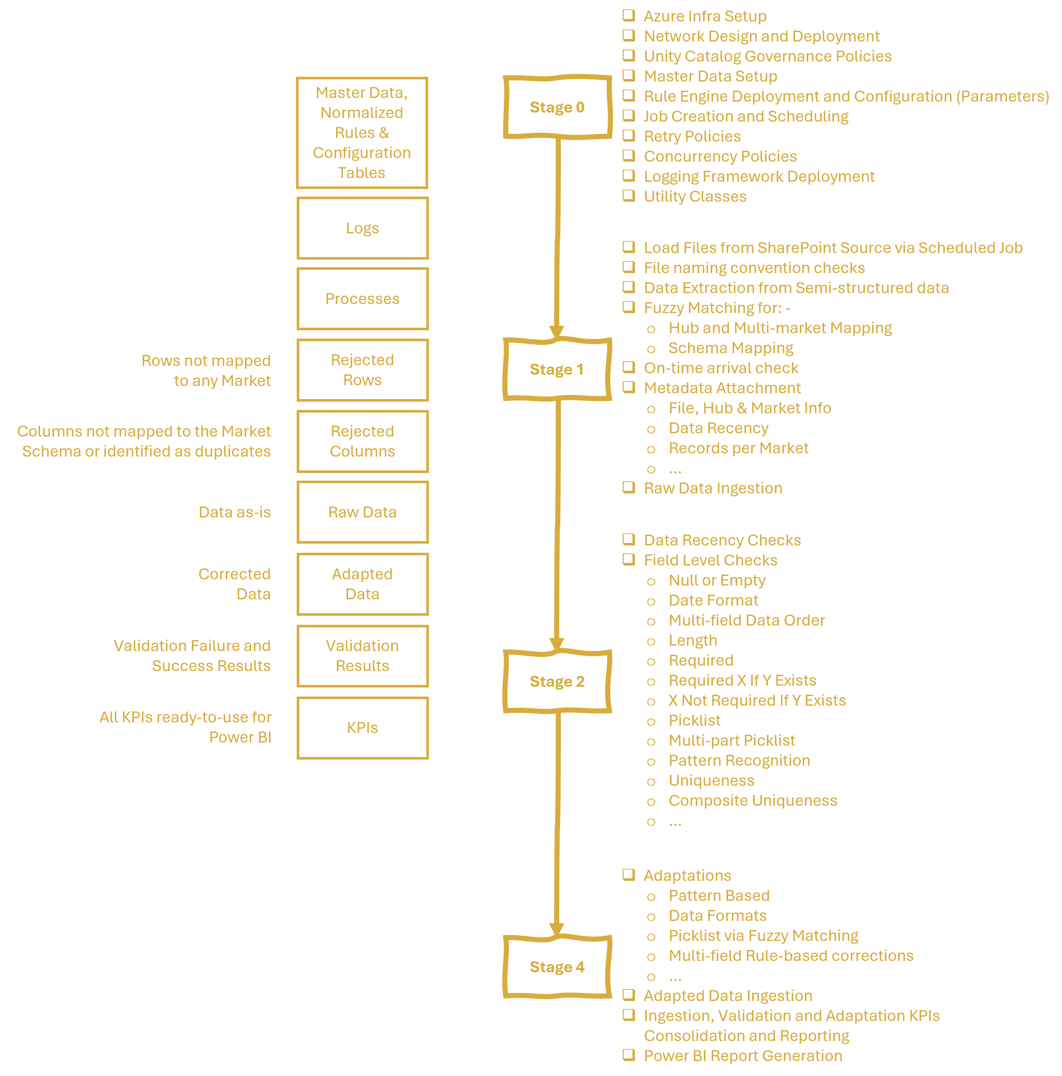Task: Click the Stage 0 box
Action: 557,107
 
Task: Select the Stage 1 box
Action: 557,369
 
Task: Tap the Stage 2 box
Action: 557,681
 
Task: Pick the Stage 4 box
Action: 557,966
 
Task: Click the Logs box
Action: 363,228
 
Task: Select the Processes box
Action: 363,299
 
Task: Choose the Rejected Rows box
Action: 363,370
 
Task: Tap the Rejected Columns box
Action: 363,441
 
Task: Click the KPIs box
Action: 363,728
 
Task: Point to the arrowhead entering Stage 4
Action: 557,929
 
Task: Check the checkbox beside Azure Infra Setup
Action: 629,15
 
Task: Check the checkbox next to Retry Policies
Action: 629,135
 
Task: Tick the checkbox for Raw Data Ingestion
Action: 629,487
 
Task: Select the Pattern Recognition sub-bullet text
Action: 739,760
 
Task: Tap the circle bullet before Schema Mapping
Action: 651,349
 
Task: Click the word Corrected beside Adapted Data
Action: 234,574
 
